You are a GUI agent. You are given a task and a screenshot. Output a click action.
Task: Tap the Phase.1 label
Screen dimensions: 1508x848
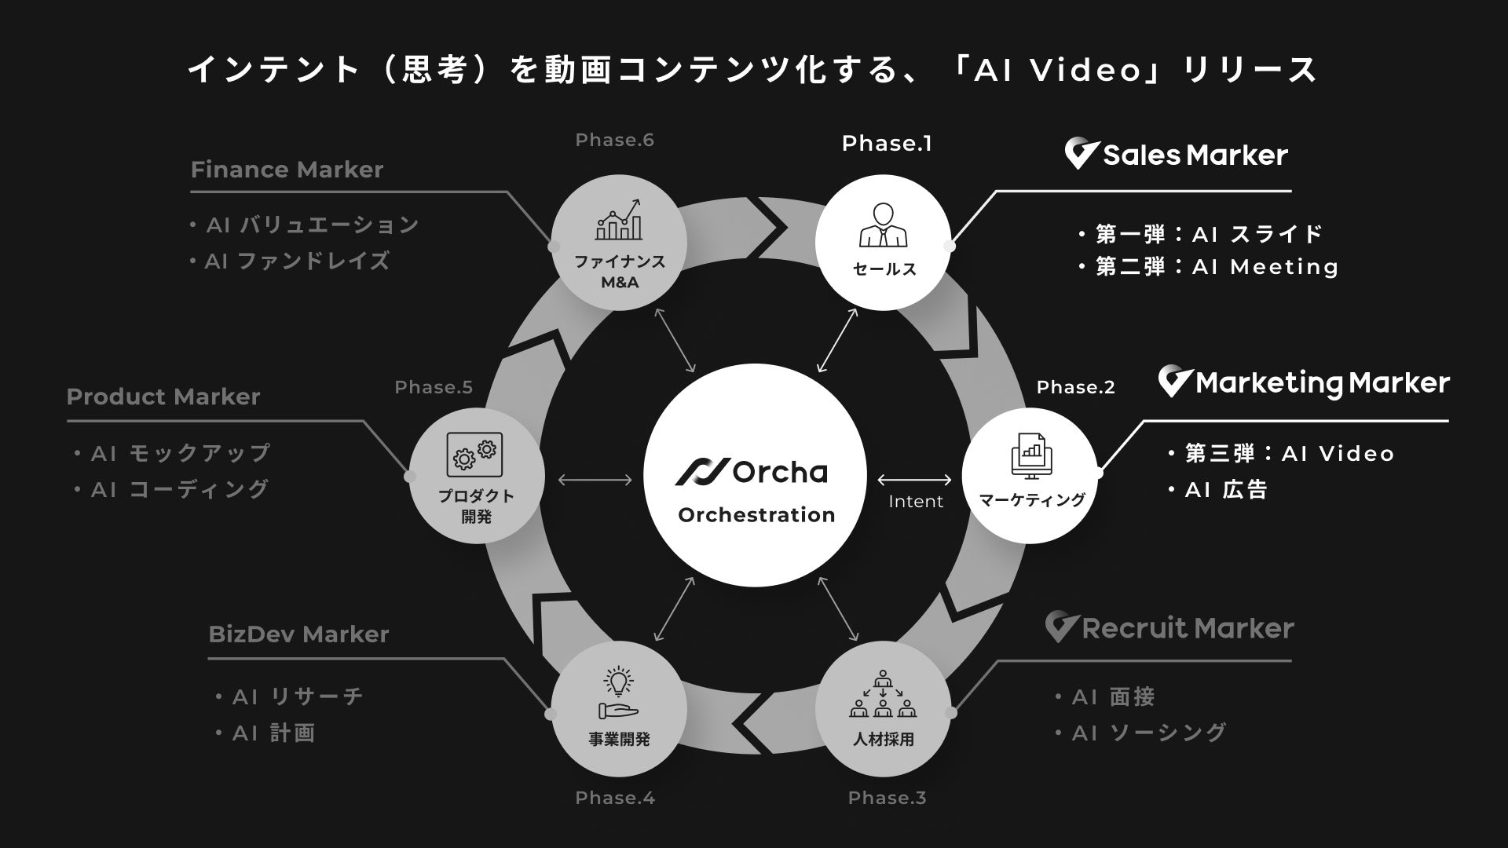[887, 144]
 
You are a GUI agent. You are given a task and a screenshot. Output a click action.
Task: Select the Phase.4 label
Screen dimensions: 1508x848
[615, 798]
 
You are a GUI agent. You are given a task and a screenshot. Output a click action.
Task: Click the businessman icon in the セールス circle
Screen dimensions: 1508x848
[884, 226]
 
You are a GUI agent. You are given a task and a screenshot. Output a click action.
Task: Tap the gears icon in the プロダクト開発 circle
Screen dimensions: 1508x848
[475, 455]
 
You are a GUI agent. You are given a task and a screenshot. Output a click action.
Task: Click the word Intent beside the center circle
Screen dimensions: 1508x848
[916, 502]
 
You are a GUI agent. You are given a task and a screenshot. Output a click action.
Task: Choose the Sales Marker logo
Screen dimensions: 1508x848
[1176, 155]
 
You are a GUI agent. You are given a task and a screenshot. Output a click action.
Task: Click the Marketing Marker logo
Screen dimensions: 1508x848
[1304, 383]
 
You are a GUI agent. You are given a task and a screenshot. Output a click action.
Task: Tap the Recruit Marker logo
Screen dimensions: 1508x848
[1169, 628]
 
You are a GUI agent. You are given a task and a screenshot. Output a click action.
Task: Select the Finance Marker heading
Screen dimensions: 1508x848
[287, 170]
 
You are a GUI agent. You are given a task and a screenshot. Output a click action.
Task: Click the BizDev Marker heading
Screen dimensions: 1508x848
[298, 634]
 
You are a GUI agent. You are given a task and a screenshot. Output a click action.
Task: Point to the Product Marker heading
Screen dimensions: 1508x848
[163, 397]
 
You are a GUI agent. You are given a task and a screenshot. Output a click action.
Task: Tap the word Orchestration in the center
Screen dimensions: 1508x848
[756, 515]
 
